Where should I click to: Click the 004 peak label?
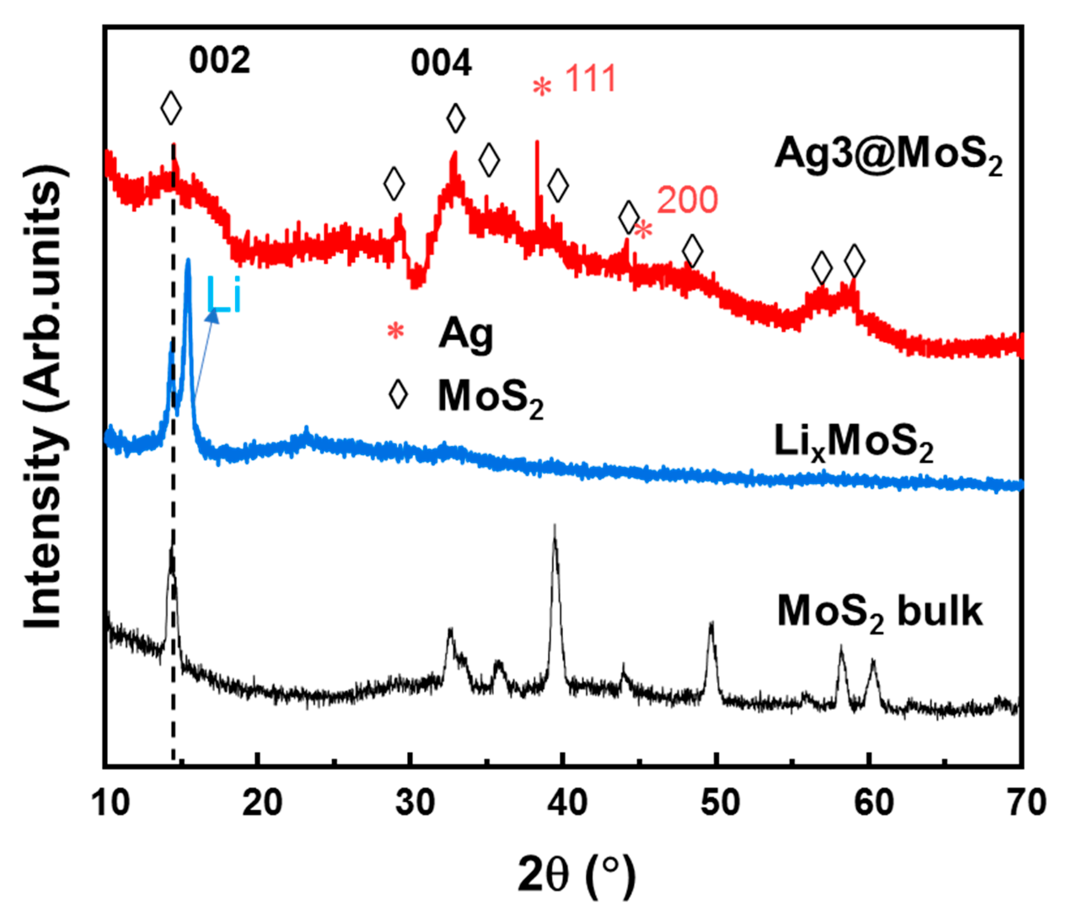(x=441, y=64)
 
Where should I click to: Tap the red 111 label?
(x=591, y=79)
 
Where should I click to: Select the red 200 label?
(x=687, y=200)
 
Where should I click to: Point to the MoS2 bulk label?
(x=880, y=613)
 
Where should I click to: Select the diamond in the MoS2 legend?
(x=398, y=395)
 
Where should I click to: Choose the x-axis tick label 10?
(x=111, y=803)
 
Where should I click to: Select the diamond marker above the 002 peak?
(x=171, y=108)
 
